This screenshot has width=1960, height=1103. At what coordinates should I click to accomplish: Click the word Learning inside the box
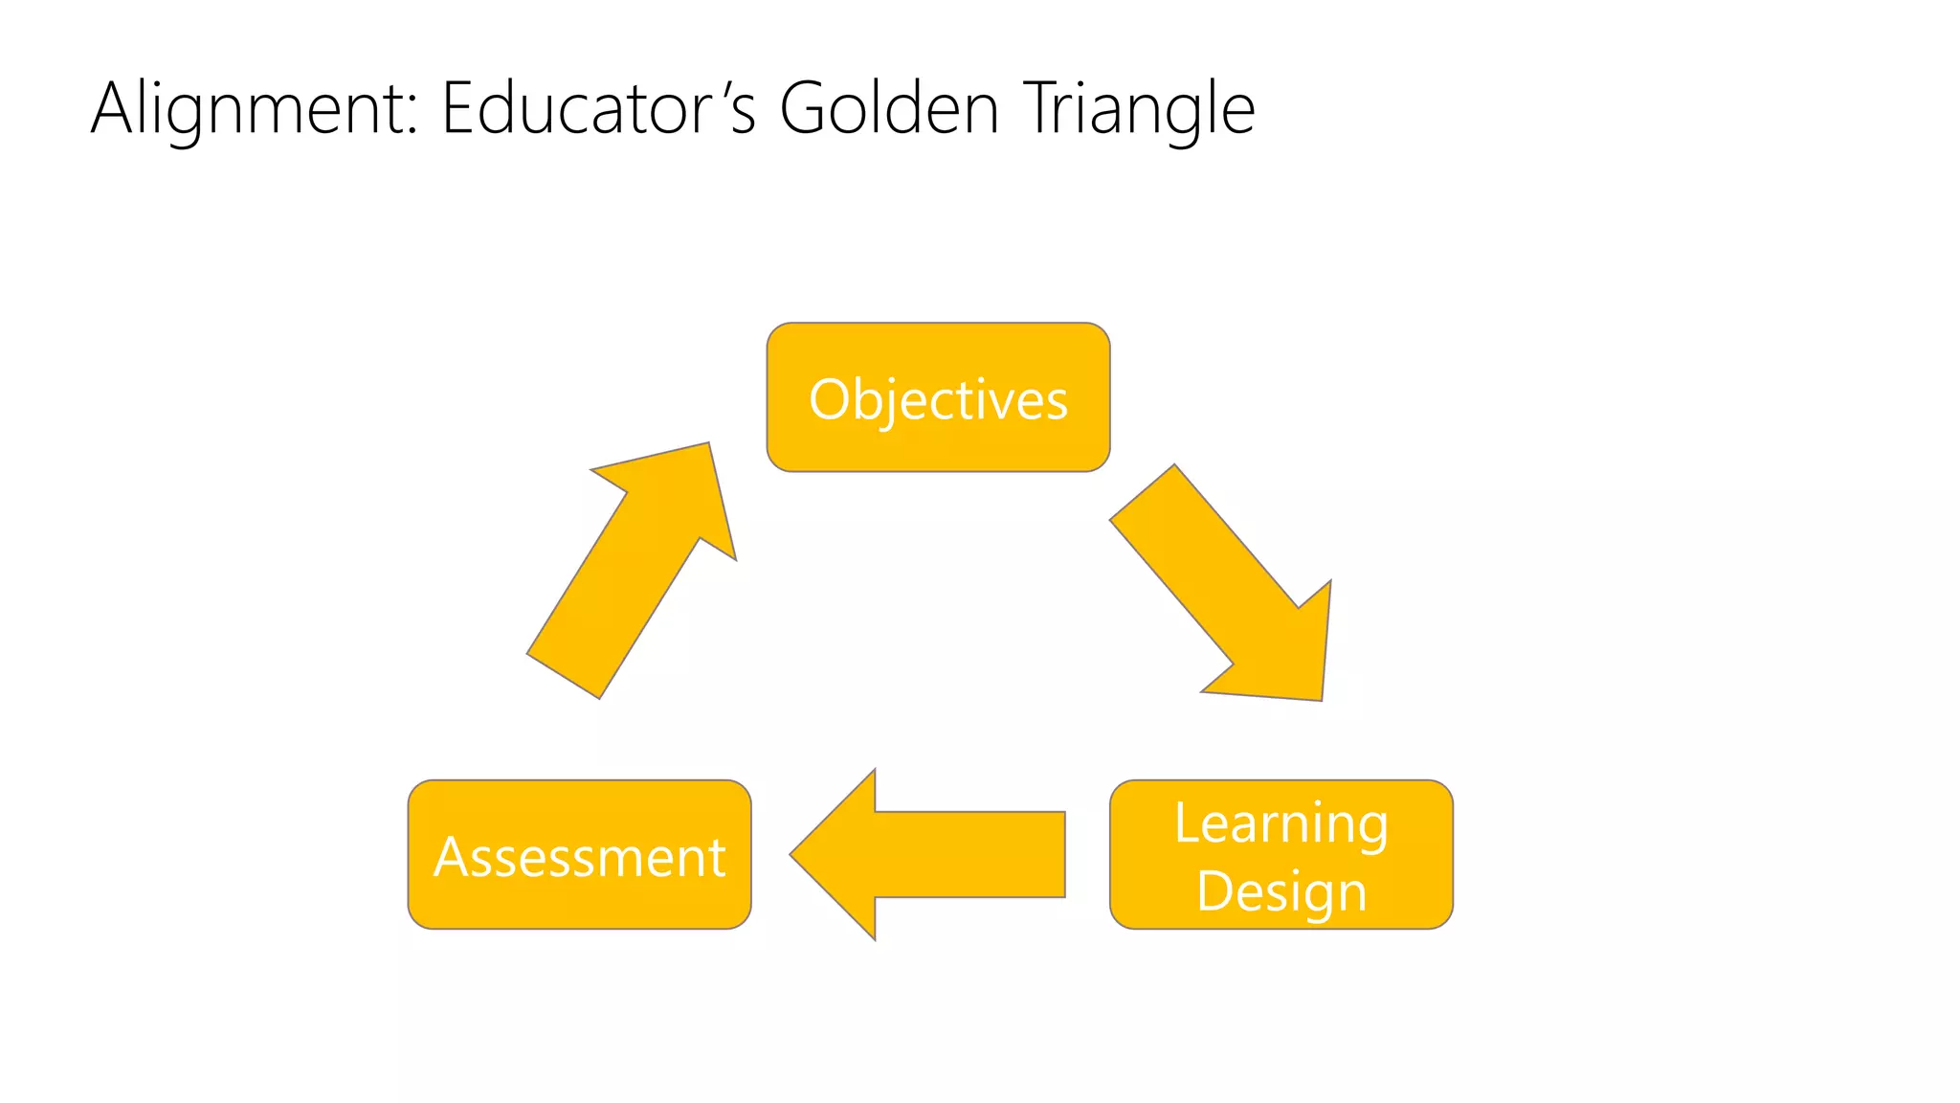1281,823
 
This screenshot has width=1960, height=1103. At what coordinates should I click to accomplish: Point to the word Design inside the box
1281,891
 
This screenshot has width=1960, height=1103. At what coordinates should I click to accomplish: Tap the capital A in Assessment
451,857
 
